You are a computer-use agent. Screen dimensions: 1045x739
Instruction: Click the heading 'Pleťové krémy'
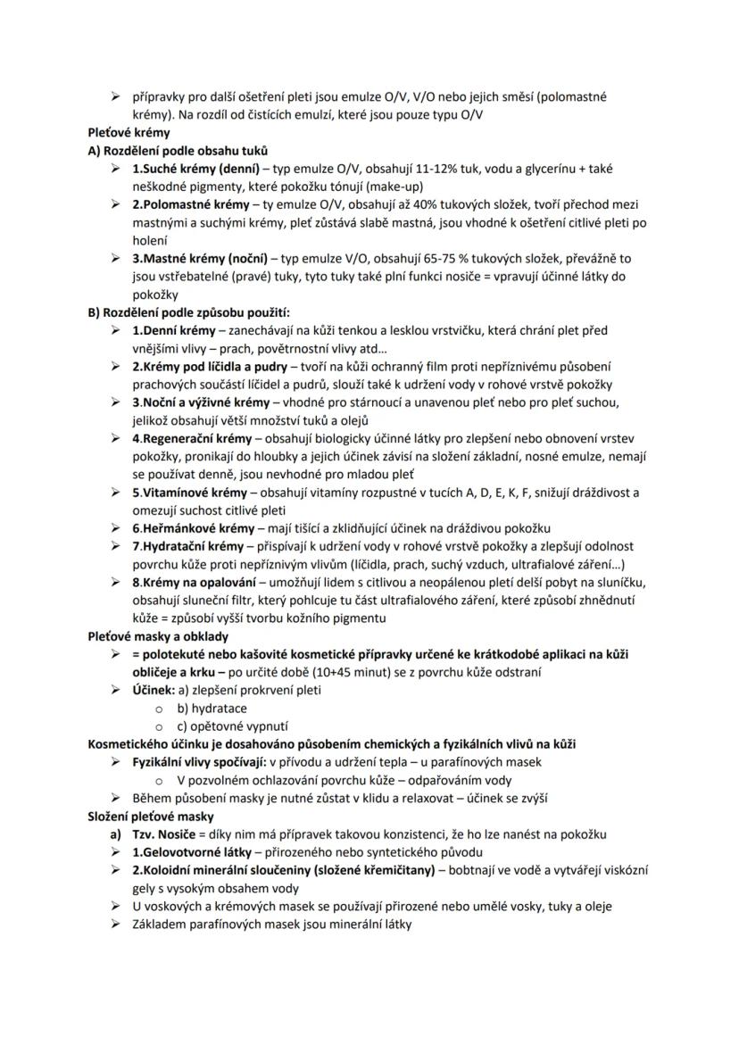(121, 133)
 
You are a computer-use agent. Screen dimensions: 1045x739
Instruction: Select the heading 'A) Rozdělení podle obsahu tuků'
(178, 151)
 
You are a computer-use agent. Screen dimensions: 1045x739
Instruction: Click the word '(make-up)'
(395, 187)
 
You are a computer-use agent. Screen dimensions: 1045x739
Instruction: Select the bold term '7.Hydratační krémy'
(187, 546)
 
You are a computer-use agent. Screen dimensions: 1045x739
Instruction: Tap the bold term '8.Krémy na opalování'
(195, 582)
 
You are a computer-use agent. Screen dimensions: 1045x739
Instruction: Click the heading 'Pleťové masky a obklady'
(158, 636)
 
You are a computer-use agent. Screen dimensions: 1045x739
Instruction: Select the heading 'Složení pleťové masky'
(151, 817)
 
